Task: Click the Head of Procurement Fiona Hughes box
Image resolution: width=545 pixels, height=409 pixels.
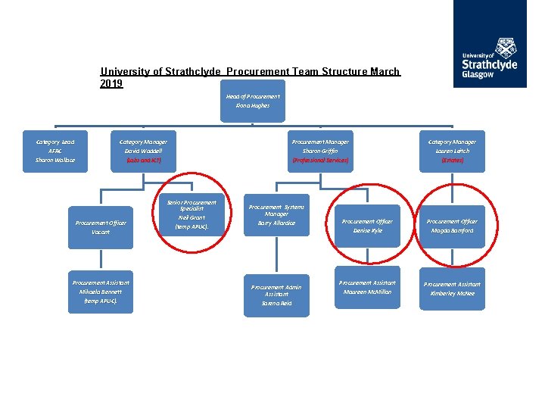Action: pyautogui.click(x=253, y=101)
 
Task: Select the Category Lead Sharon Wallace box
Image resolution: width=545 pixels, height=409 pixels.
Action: pyautogui.click(x=54, y=151)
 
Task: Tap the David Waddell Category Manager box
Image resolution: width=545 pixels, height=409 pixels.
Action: pyautogui.click(x=143, y=151)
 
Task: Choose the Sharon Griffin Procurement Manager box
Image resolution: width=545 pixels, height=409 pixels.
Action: pyautogui.click(x=320, y=151)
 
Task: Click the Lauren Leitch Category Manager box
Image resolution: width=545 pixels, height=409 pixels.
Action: pyautogui.click(x=452, y=151)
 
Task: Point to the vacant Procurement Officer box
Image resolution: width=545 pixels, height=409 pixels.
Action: pyautogui.click(x=101, y=227)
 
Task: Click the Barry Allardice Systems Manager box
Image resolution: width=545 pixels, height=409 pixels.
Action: pyautogui.click(x=276, y=215)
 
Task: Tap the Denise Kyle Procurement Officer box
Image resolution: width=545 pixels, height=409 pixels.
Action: pyautogui.click(x=367, y=226)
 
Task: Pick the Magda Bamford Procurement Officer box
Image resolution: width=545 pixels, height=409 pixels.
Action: pyautogui.click(x=452, y=226)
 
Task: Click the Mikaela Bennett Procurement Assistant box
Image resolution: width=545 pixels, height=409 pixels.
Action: pyautogui.click(x=101, y=292)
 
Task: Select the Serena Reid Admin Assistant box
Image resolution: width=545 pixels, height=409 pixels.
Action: pyautogui.click(x=276, y=295)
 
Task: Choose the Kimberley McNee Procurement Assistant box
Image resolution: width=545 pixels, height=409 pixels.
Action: pyautogui.click(x=452, y=288)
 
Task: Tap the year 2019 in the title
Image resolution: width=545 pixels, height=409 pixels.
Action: pyautogui.click(x=111, y=83)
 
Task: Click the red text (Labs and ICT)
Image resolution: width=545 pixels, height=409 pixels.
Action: pyautogui.click(x=143, y=161)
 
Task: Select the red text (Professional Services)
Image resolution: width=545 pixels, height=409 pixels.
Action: pyautogui.click(x=320, y=161)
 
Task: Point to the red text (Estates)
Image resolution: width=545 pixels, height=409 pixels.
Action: pyautogui.click(x=452, y=161)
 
